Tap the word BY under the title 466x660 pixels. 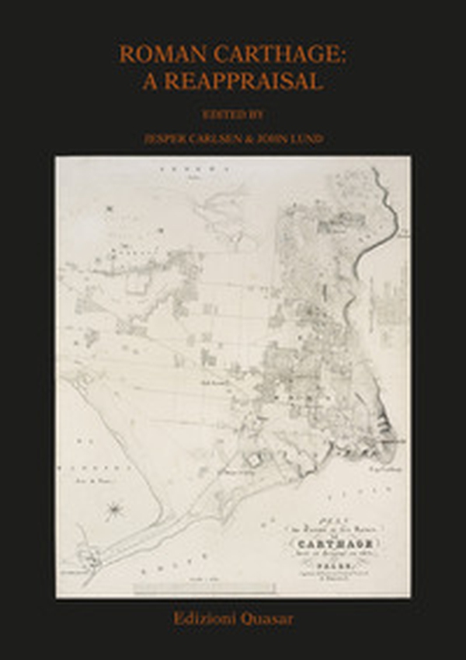point(256,113)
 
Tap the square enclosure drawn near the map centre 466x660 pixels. point(252,459)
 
